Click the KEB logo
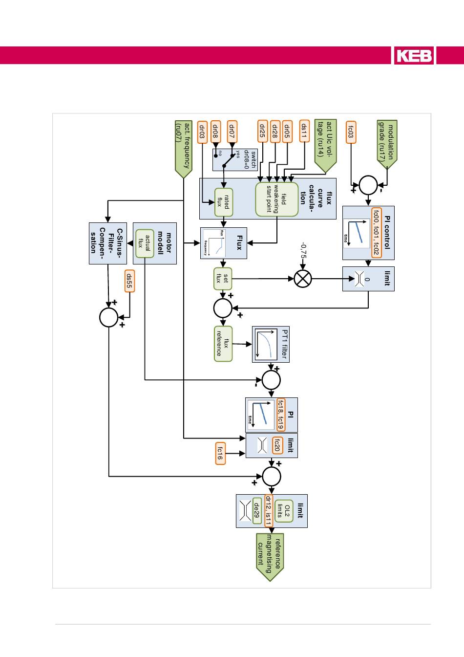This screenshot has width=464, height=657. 414,55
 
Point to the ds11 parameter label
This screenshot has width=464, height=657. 304,131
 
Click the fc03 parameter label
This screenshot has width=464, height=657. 350,132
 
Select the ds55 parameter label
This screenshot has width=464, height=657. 129,281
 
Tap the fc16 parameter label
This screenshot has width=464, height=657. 220,453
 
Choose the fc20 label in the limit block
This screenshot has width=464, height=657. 277,445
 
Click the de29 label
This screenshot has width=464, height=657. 257,511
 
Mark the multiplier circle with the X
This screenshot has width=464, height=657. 303,279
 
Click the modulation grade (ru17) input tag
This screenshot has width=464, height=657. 387,141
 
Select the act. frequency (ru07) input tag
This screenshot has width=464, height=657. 183,146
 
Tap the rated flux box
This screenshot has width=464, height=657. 224,202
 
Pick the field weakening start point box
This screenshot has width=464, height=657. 276,199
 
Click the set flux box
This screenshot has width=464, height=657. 223,279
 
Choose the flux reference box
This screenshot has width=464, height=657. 223,344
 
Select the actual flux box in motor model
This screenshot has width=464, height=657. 145,243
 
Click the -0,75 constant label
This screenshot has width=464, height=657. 304,250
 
